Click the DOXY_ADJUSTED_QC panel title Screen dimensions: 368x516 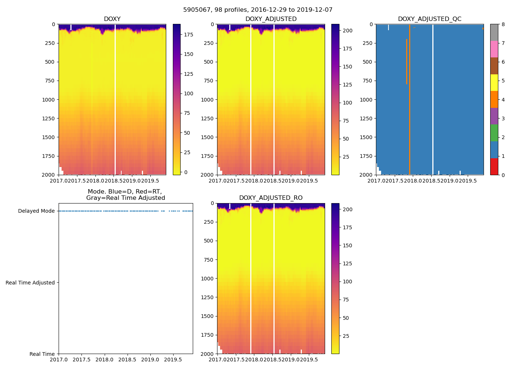(429, 19)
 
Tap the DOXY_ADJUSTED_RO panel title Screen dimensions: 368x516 (271, 198)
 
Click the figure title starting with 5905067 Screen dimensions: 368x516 (258, 10)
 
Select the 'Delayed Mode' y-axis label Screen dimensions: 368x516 (36, 211)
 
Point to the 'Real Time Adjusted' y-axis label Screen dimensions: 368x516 (30, 283)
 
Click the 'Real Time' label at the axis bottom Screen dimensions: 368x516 (42, 354)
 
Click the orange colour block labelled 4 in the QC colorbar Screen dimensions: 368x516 (494, 99)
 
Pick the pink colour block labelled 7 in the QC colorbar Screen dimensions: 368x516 (494, 49)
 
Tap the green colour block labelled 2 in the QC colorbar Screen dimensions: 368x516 (494, 133)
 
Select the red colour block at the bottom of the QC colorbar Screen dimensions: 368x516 (494, 166)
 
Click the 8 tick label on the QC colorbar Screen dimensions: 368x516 (503, 25)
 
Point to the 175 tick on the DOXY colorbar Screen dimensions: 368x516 (188, 35)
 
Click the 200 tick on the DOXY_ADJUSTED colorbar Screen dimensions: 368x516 (348, 31)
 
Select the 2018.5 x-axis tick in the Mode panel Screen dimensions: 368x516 (128, 359)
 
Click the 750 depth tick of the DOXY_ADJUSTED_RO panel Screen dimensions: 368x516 (209, 260)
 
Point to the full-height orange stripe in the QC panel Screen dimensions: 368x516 (409, 110)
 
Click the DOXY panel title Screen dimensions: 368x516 (112, 19)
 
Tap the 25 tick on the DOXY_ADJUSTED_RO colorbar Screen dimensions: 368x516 (346, 336)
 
